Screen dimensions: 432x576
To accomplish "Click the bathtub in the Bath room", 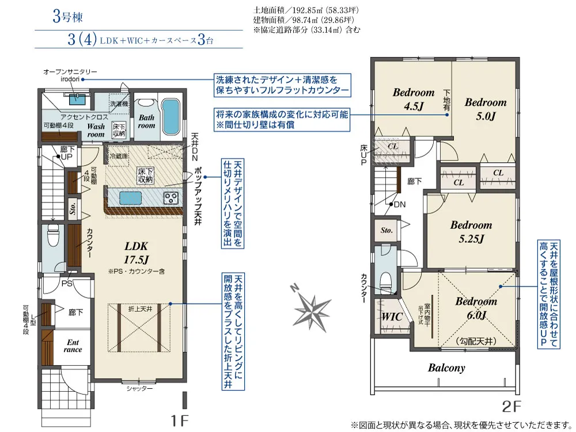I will pos(169,116).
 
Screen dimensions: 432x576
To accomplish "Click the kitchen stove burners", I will pos(171,198).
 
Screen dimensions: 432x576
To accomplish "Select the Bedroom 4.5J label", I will pos(414,98).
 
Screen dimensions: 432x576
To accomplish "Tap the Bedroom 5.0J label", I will pos(486,109).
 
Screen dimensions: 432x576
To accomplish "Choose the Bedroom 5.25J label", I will pos(471,231).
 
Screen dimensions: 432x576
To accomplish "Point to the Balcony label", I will pos(446,368).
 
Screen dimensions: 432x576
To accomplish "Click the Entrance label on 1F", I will pos(73,345).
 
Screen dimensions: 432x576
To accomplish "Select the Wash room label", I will pos(96,131).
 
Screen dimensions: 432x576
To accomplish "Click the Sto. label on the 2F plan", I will pos(386,230).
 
